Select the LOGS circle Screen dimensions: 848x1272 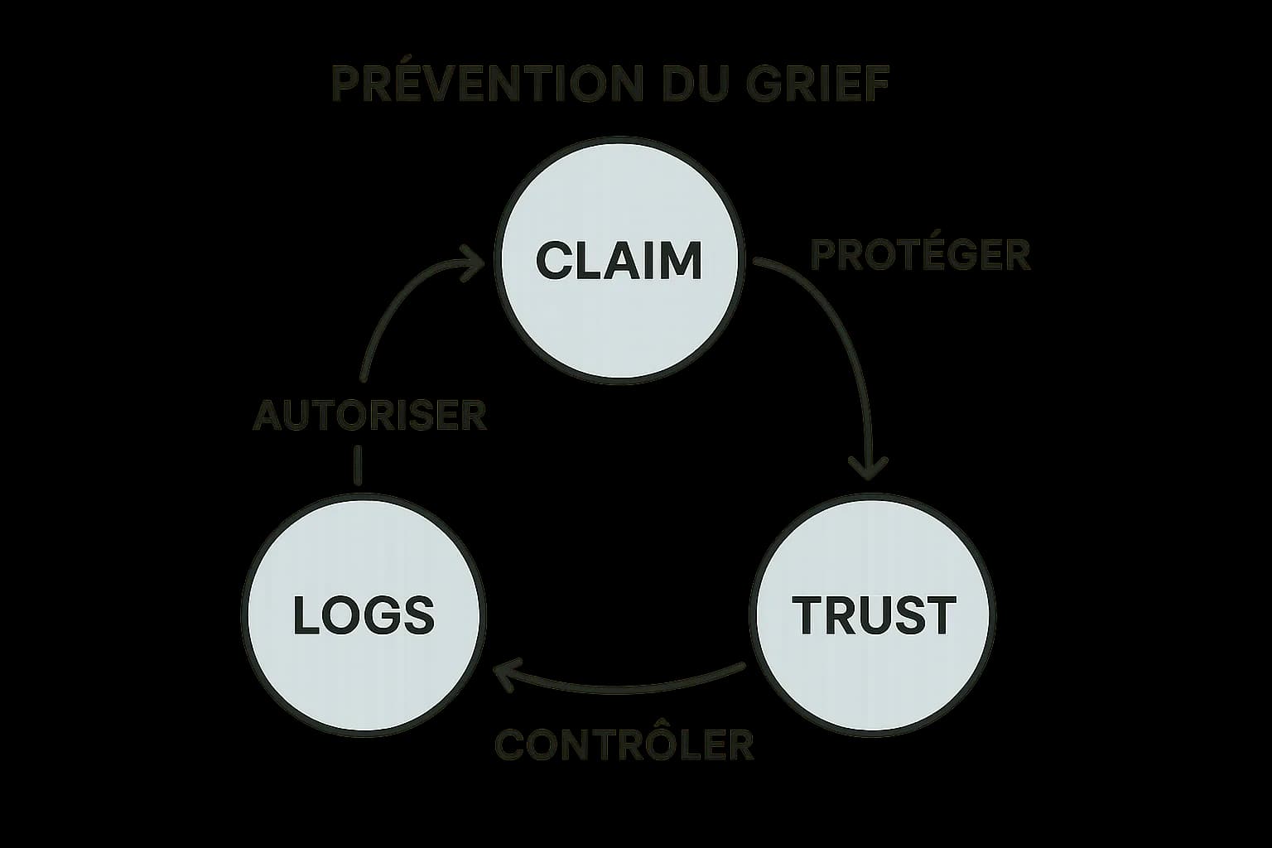tap(363, 662)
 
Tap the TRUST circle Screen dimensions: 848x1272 tap(873, 662)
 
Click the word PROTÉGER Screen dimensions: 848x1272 tap(920, 255)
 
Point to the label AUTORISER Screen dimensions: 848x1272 tap(370, 415)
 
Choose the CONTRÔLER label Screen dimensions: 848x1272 tap(624, 744)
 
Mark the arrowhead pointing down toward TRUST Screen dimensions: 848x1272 tap(869, 470)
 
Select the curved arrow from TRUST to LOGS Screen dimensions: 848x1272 tap(629, 687)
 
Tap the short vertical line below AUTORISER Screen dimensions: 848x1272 tap(358, 465)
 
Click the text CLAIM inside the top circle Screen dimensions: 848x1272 tap(619, 260)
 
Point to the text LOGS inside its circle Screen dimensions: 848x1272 tap(364, 616)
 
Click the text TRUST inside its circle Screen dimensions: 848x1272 tap(873, 615)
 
